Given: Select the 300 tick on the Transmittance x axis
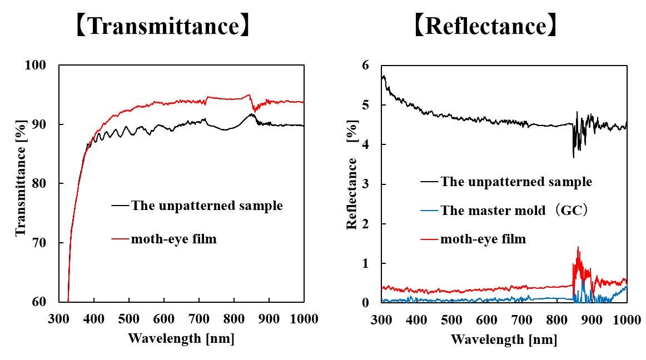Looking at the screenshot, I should click(x=59, y=319).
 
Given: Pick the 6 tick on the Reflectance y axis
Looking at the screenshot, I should click(x=366, y=66).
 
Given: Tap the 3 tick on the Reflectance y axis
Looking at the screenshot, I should click(x=366, y=184).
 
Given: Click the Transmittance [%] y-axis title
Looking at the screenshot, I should click(x=22, y=183).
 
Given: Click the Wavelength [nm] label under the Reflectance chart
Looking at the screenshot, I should click(x=504, y=338).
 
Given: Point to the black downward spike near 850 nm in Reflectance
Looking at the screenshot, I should click(x=573, y=158).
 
